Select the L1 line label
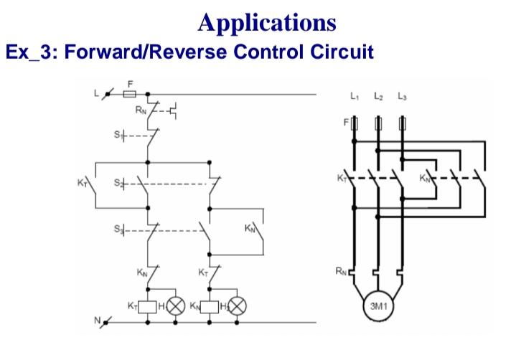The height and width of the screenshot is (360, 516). (355, 95)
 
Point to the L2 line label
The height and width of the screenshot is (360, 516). (377, 95)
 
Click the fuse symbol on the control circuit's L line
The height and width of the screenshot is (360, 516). (130, 93)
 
